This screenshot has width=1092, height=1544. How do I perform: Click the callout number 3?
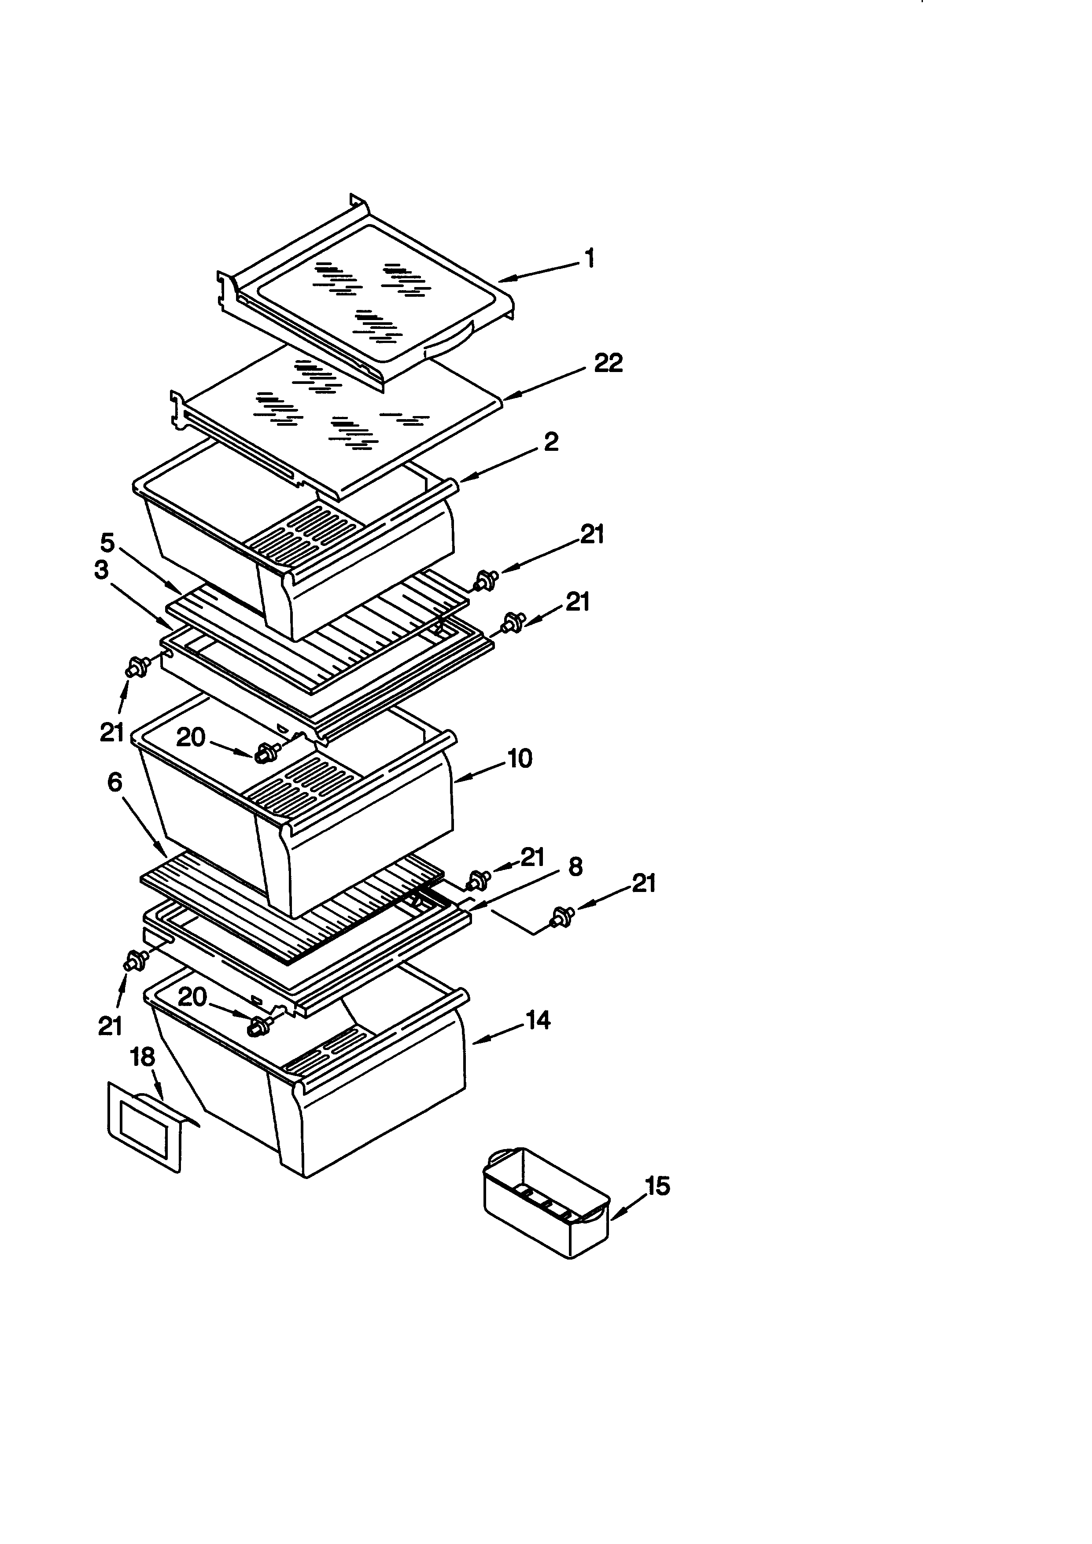(101, 570)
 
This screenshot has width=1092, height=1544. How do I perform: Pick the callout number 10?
(519, 759)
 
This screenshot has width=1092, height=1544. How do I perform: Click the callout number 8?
(575, 867)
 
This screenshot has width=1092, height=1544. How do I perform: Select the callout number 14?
(538, 1021)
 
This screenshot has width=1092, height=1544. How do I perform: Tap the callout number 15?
(657, 1186)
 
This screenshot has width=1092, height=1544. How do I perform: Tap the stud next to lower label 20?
(258, 1025)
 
